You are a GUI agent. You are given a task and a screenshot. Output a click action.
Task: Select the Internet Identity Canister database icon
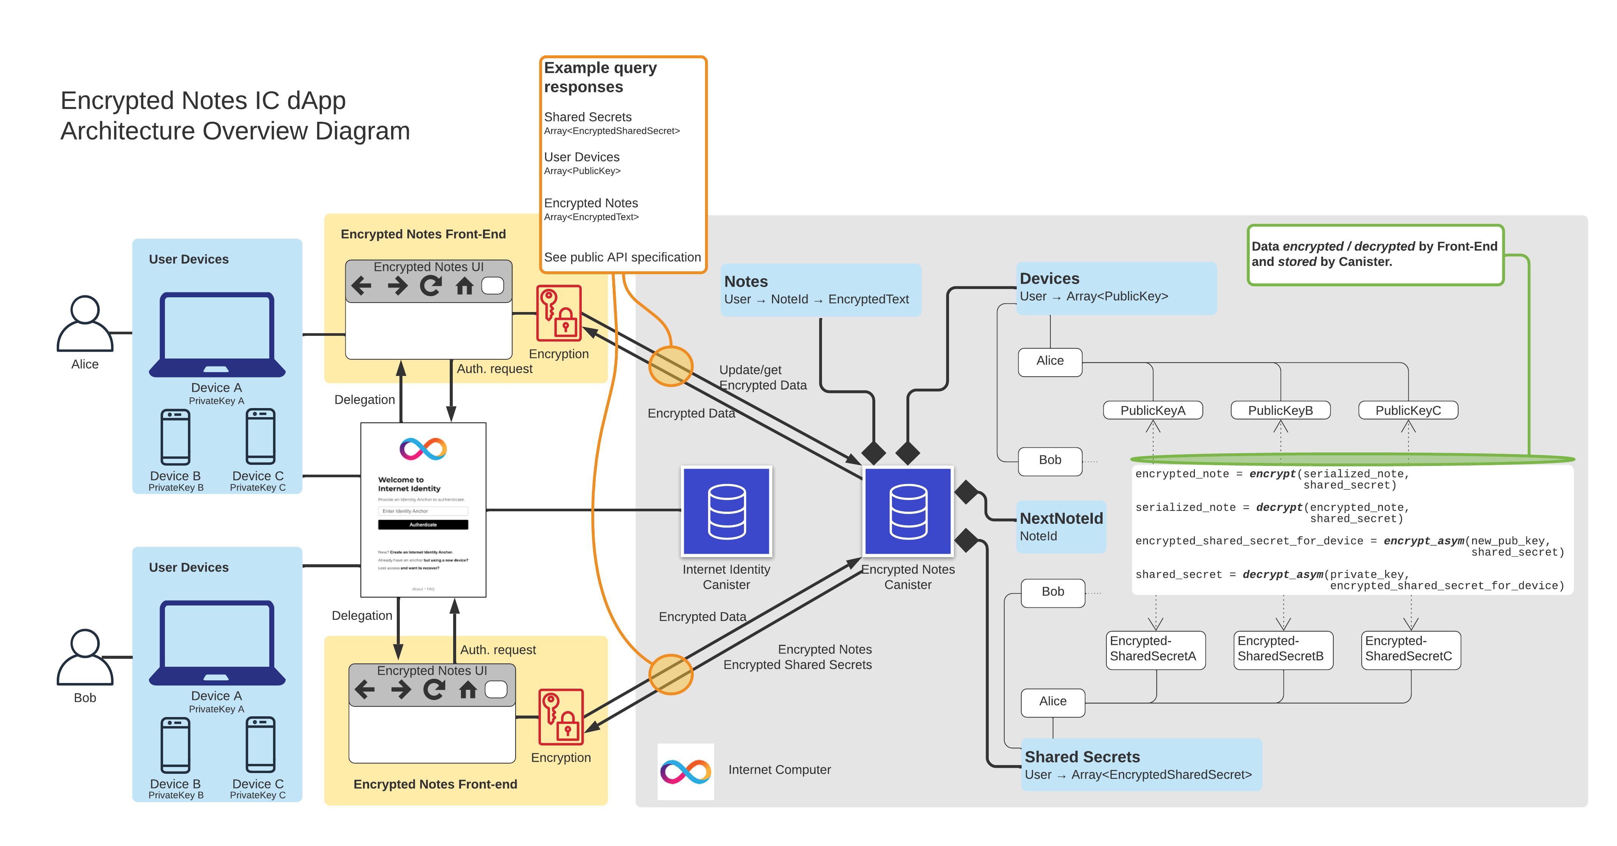click(x=726, y=511)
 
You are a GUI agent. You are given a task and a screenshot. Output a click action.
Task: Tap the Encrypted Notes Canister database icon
click(x=908, y=511)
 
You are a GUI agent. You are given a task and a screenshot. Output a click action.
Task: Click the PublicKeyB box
click(x=1280, y=410)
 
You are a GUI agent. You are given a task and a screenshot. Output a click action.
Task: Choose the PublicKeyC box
click(x=1407, y=410)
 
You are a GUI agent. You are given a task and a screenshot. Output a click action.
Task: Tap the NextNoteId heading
click(x=1061, y=518)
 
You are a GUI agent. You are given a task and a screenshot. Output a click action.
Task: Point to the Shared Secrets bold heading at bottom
click(x=1082, y=757)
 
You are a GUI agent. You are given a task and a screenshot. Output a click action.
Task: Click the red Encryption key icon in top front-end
click(x=558, y=313)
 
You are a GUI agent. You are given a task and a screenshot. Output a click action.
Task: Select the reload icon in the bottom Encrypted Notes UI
click(x=434, y=690)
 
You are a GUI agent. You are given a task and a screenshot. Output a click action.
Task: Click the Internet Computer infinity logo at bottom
click(x=685, y=771)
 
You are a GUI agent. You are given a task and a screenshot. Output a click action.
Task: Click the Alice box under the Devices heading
click(x=1050, y=362)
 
